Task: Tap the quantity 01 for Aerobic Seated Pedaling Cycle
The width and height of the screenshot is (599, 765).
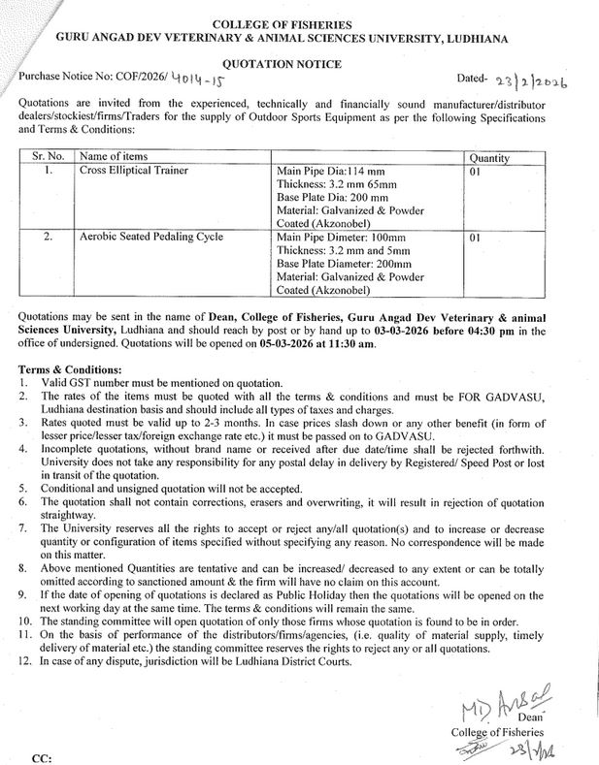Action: point(475,237)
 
